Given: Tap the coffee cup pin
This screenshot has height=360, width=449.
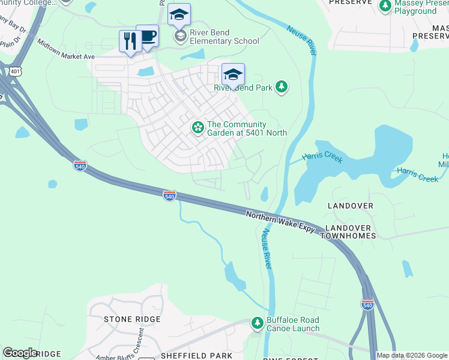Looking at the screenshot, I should pyautogui.click(x=147, y=36).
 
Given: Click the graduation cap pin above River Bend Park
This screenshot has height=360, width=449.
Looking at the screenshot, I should pyautogui.click(x=233, y=75).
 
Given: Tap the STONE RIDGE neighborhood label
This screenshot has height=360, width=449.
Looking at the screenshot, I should pyautogui.click(x=132, y=319).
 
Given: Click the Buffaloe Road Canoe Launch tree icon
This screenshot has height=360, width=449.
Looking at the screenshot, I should pyautogui.click(x=258, y=324).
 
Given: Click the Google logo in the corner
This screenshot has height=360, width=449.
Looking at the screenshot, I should pyautogui.click(x=20, y=353).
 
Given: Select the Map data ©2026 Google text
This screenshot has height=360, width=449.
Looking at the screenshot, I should pyautogui.click(x=412, y=355).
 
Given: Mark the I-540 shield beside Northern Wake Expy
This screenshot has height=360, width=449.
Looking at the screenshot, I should pyautogui.click(x=170, y=196).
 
